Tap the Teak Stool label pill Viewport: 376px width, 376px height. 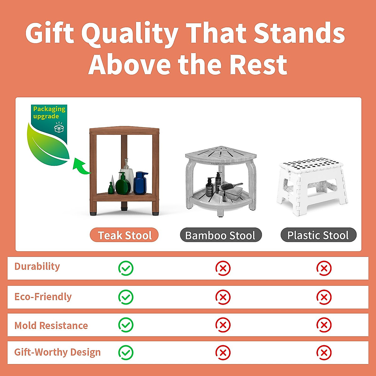(x=124, y=235)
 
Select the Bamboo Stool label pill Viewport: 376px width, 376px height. (x=221, y=235)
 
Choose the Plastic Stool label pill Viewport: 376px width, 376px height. (x=318, y=235)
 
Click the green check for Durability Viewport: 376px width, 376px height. (x=126, y=268)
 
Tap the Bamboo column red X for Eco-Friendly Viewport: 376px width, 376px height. (x=223, y=297)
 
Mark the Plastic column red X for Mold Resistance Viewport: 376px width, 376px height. (x=324, y=325)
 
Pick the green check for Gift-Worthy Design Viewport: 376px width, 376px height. (x=126, y=352)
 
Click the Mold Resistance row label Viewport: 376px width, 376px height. (x=51, y=326)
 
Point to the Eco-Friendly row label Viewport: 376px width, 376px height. (x=43, y=297)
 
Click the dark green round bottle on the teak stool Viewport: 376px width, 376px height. (x=123, y=184)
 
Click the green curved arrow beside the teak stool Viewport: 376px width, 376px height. (x=81, y=166)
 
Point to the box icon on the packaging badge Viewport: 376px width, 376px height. (x=59, y=128)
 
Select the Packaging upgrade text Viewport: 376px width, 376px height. (x=49, y=112)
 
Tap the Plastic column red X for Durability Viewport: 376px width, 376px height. (x=324, y=268)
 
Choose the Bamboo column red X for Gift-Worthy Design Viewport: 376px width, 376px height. (x=223, y=352)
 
